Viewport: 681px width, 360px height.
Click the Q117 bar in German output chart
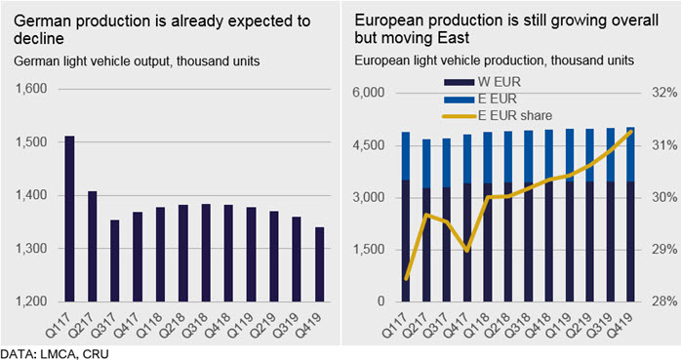point(69,219)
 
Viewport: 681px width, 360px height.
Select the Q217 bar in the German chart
point(92,246)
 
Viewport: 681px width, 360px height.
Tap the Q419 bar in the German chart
point(319,264)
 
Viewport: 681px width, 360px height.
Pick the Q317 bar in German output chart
point(115,260)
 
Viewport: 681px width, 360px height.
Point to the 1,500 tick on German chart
point(31,142)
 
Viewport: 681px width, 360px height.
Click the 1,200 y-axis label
point(31,300)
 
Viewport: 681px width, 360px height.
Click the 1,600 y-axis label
point(31,89)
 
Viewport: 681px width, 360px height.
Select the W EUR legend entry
point(482,82)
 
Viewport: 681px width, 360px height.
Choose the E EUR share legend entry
point(498,115)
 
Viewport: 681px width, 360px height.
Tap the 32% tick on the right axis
point(664,93)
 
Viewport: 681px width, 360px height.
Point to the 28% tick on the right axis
point(664,300)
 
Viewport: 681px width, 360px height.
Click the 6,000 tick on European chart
point(368,93)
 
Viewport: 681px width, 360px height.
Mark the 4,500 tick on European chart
point(368,144)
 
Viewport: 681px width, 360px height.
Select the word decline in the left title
point(39,39)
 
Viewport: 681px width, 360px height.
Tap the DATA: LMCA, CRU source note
point(55,353)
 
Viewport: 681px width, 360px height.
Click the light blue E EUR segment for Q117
point(406,156)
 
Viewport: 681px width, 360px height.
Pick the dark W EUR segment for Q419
point(630,241)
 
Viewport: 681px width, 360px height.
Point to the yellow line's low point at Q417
point(467,251)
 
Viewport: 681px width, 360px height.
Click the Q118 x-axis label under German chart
point(150,325)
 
